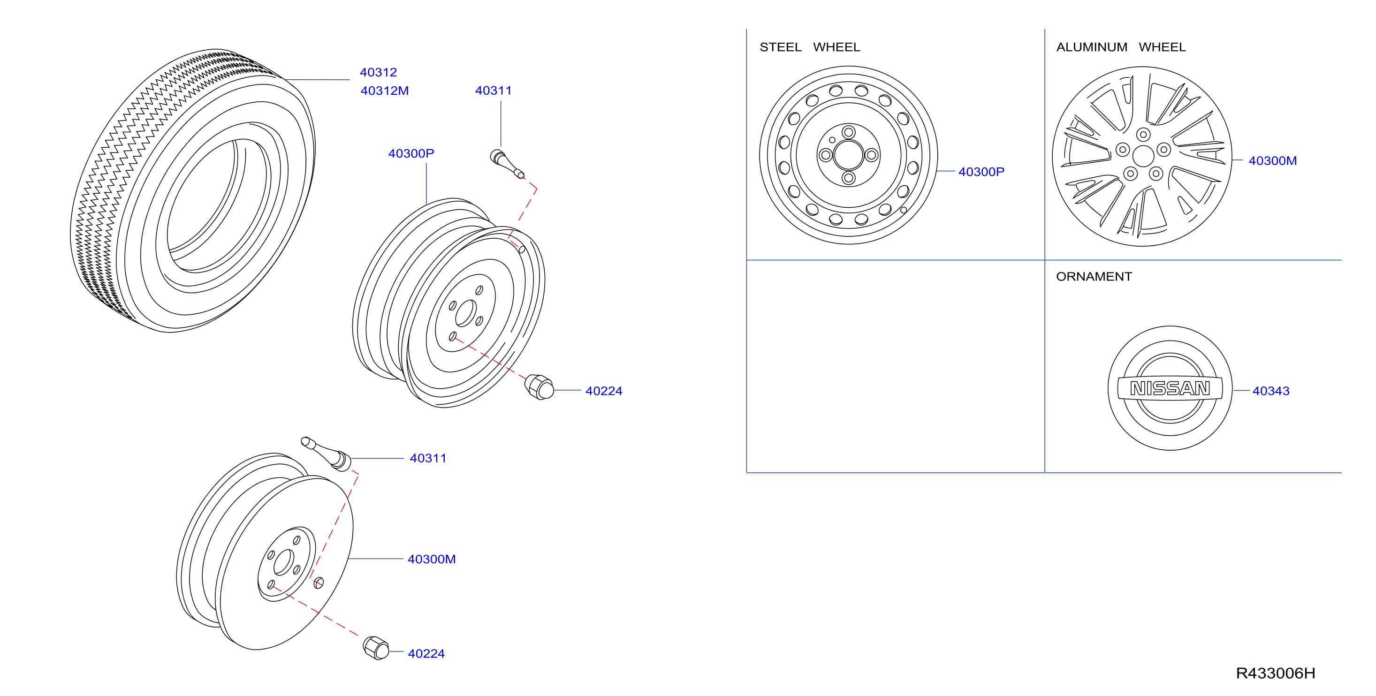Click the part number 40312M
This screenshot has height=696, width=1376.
385,91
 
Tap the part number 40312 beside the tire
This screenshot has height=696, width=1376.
378,72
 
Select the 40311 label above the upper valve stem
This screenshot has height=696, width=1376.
493,91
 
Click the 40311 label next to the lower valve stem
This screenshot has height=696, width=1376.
428,458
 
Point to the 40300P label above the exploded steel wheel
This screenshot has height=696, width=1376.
411,153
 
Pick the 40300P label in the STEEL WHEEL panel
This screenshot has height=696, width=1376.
981,172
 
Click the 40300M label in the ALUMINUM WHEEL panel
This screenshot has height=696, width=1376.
1272,161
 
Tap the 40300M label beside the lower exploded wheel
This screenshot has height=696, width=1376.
432,559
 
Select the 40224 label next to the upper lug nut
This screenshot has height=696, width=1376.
604,391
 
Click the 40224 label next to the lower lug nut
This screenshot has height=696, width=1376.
426,654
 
